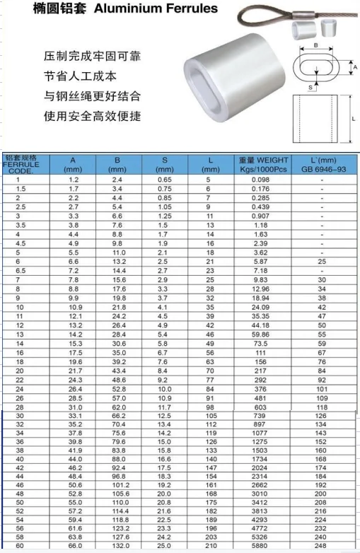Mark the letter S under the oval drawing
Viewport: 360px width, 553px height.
[309, 87]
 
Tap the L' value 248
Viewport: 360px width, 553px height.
[321, 546]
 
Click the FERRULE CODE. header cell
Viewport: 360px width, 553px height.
[21, 165]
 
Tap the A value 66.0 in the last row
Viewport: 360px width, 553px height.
[74, 546]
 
